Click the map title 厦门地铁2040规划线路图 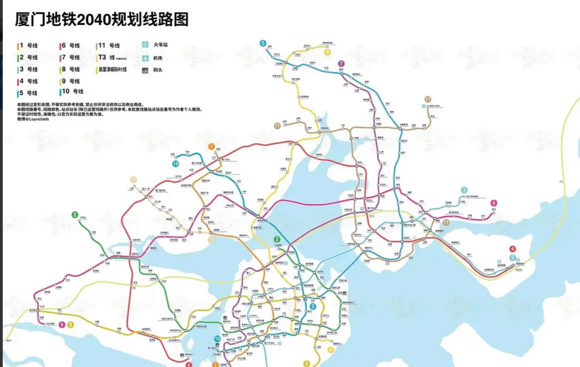point(102,19)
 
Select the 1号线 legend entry point(28,46)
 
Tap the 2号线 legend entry point(28,58)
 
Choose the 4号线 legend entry point(28,81)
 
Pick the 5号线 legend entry point(28,93)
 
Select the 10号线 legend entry point(72,91)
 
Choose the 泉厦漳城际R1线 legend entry point(112,70)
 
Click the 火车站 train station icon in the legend point(145,45)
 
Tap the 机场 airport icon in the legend point(145,58)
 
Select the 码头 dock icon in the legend point(145,70)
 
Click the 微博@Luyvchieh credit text point(33,119)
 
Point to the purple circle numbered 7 point(341,64)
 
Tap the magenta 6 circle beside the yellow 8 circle point(62,325)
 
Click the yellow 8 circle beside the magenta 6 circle point(71,325)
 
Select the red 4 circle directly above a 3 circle point(513,249)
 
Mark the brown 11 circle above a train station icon point(428,99)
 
